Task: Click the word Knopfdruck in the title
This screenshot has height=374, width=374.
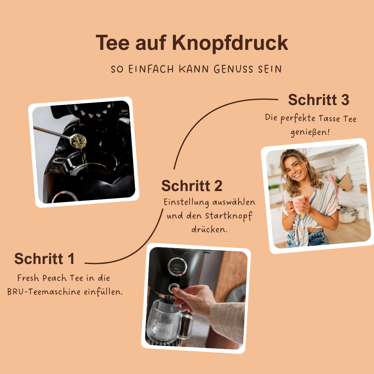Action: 230,43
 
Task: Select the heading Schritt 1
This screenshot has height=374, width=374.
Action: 45,259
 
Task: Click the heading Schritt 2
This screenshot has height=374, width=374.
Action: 192,186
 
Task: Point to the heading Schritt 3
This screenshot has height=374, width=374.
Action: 319,100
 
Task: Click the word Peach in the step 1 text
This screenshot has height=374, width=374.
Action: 55,278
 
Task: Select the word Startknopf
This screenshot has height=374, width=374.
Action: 228,216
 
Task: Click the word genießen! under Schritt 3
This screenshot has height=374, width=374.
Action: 310,132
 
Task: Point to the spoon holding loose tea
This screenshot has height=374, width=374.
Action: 78,140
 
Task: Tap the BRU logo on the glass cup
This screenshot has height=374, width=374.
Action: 164,331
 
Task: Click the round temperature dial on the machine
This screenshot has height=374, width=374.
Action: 177,267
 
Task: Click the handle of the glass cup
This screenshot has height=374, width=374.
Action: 187,326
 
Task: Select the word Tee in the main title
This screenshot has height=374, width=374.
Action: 112,43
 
